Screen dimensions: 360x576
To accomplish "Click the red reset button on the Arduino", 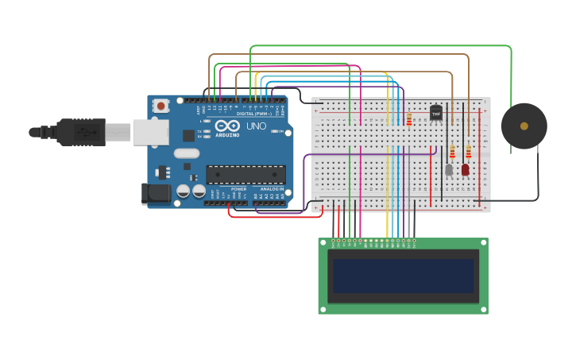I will pyautogui.click(x=161, y=106).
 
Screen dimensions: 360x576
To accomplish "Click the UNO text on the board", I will pyautogui.click(x=256, y=126).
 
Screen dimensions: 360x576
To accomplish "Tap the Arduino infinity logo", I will pyautogui.click(x=227, y=126).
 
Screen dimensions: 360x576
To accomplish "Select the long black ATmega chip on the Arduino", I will pyautogui.click(x=245, y=174).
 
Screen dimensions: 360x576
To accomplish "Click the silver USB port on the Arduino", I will pyautogui.click(x=150, y=132).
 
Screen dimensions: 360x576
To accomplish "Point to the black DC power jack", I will pyautogui.click(x=156, y=192).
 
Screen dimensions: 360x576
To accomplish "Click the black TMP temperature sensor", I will pyautogui.click(x=435, y=113).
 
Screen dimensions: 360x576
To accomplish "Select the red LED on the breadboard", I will pyautogui.click(x=465, y=169).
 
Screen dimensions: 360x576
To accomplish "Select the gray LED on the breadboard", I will pyautogui.click(x=449, y=169).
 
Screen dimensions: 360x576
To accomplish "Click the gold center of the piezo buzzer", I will pyautogui.click(x=524, y=126).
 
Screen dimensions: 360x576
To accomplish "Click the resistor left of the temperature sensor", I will pyautogui.click(x=409, y=119).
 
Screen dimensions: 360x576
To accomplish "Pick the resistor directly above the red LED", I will pyautogui.click(x=468, y=151).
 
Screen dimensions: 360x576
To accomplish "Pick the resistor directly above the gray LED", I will pyautogui.click(x=452, y=151).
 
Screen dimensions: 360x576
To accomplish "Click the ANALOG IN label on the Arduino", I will pyautogui.click(x=271, y=189).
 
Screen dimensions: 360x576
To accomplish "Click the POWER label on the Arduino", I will pyautogui.click(x=238, y=189).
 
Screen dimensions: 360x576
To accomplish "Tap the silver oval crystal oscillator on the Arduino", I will pyautogui.click(x=187, y=153).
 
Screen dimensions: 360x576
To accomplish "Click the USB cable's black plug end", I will pyautogui.click(x=80, y=132).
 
